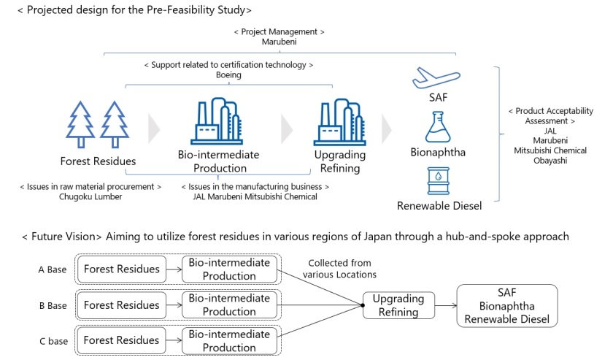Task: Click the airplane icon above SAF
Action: tap(436, 77)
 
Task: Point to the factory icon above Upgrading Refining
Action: tap(338, 122)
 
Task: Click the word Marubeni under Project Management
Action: tap(279, 43)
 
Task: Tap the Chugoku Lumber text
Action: tap(91, 196)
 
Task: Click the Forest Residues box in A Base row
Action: tap(121, 269)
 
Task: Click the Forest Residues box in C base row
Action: tap(121, 340)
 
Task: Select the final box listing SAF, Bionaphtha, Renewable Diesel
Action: tap(507, 305)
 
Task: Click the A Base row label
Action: tap(53, 269)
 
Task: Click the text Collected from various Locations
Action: tap(341, 269)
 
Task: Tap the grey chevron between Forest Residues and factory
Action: tap(153, 129)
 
